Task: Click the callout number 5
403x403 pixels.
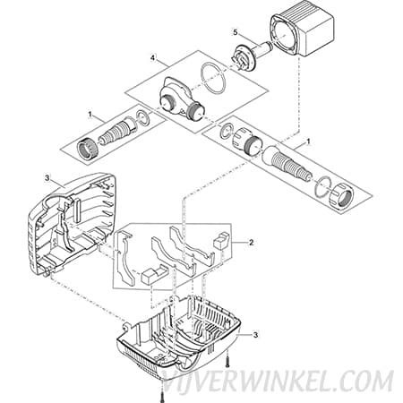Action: coord(236,32)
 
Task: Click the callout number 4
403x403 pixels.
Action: coord(152,58)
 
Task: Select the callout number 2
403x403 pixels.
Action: coord(252,242)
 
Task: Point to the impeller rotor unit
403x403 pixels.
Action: coord(251,56)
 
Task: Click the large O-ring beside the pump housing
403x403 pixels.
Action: coord(214,78)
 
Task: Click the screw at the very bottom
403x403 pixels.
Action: coord(161,397)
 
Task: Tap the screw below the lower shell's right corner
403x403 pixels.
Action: coord(227,361)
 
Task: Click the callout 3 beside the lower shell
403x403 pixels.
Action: coord(255,335)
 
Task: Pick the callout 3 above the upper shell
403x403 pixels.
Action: coord(47,178)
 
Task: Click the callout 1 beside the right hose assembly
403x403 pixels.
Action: coord(308,141)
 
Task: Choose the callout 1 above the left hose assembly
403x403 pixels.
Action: coord(90,116)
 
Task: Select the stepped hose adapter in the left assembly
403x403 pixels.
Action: coord(117,131)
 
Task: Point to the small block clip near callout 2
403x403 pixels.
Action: coord(221,241)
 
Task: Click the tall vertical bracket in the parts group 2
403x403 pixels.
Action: coord(124,258)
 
